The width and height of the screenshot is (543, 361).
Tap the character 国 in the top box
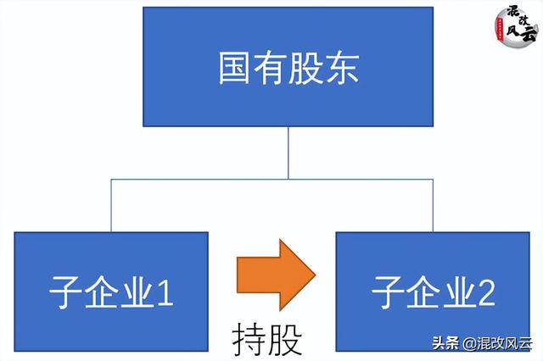(x=234, y=68)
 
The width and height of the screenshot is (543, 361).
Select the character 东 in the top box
(x=343, y=68)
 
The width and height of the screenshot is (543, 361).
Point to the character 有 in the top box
(x=270, y=68)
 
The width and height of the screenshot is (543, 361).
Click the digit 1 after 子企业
(x=165, y=292)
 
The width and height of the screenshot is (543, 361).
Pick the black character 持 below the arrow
(x=249, y=339)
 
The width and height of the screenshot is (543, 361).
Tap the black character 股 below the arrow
(x=285, y=339)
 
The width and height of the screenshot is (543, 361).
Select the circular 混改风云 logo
(x=517, y=27)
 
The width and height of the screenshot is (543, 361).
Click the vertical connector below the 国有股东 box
(x=288, y=153)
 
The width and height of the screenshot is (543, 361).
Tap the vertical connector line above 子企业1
(x=111, y=205)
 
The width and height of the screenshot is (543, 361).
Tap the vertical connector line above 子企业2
(x=433, y=205)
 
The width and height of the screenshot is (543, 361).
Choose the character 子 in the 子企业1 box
(x=65, y=292)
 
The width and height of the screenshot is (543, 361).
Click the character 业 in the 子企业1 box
(x=137, y=292)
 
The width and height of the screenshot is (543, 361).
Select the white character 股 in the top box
(x=306, y=68)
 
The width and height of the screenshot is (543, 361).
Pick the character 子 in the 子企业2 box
(x=388, y=292)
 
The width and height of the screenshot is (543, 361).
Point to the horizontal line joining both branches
(x=271, y=179)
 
